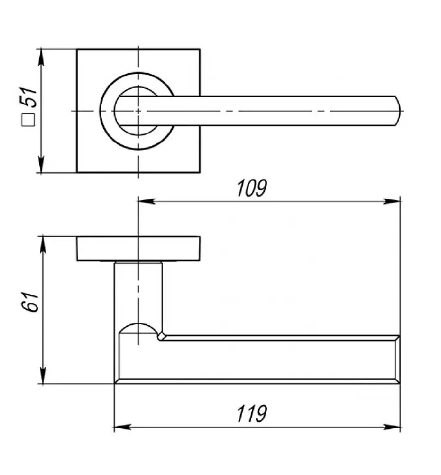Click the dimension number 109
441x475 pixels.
252,188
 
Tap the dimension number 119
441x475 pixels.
252,414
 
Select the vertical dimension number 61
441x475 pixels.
30,302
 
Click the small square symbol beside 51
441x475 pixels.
28,120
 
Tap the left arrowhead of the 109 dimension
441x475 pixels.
147,201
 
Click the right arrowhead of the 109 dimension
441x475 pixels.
392,201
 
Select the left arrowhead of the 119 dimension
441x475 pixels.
123,427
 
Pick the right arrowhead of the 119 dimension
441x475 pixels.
392,427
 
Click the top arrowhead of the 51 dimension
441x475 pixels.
41,57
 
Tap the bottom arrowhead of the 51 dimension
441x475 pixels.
41,164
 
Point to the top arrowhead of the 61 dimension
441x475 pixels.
43,244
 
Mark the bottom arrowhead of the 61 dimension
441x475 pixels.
43,375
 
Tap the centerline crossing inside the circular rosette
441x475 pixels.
138,111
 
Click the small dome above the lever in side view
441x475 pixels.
138,328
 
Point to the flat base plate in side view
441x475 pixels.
138,248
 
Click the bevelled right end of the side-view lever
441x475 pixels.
397,360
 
